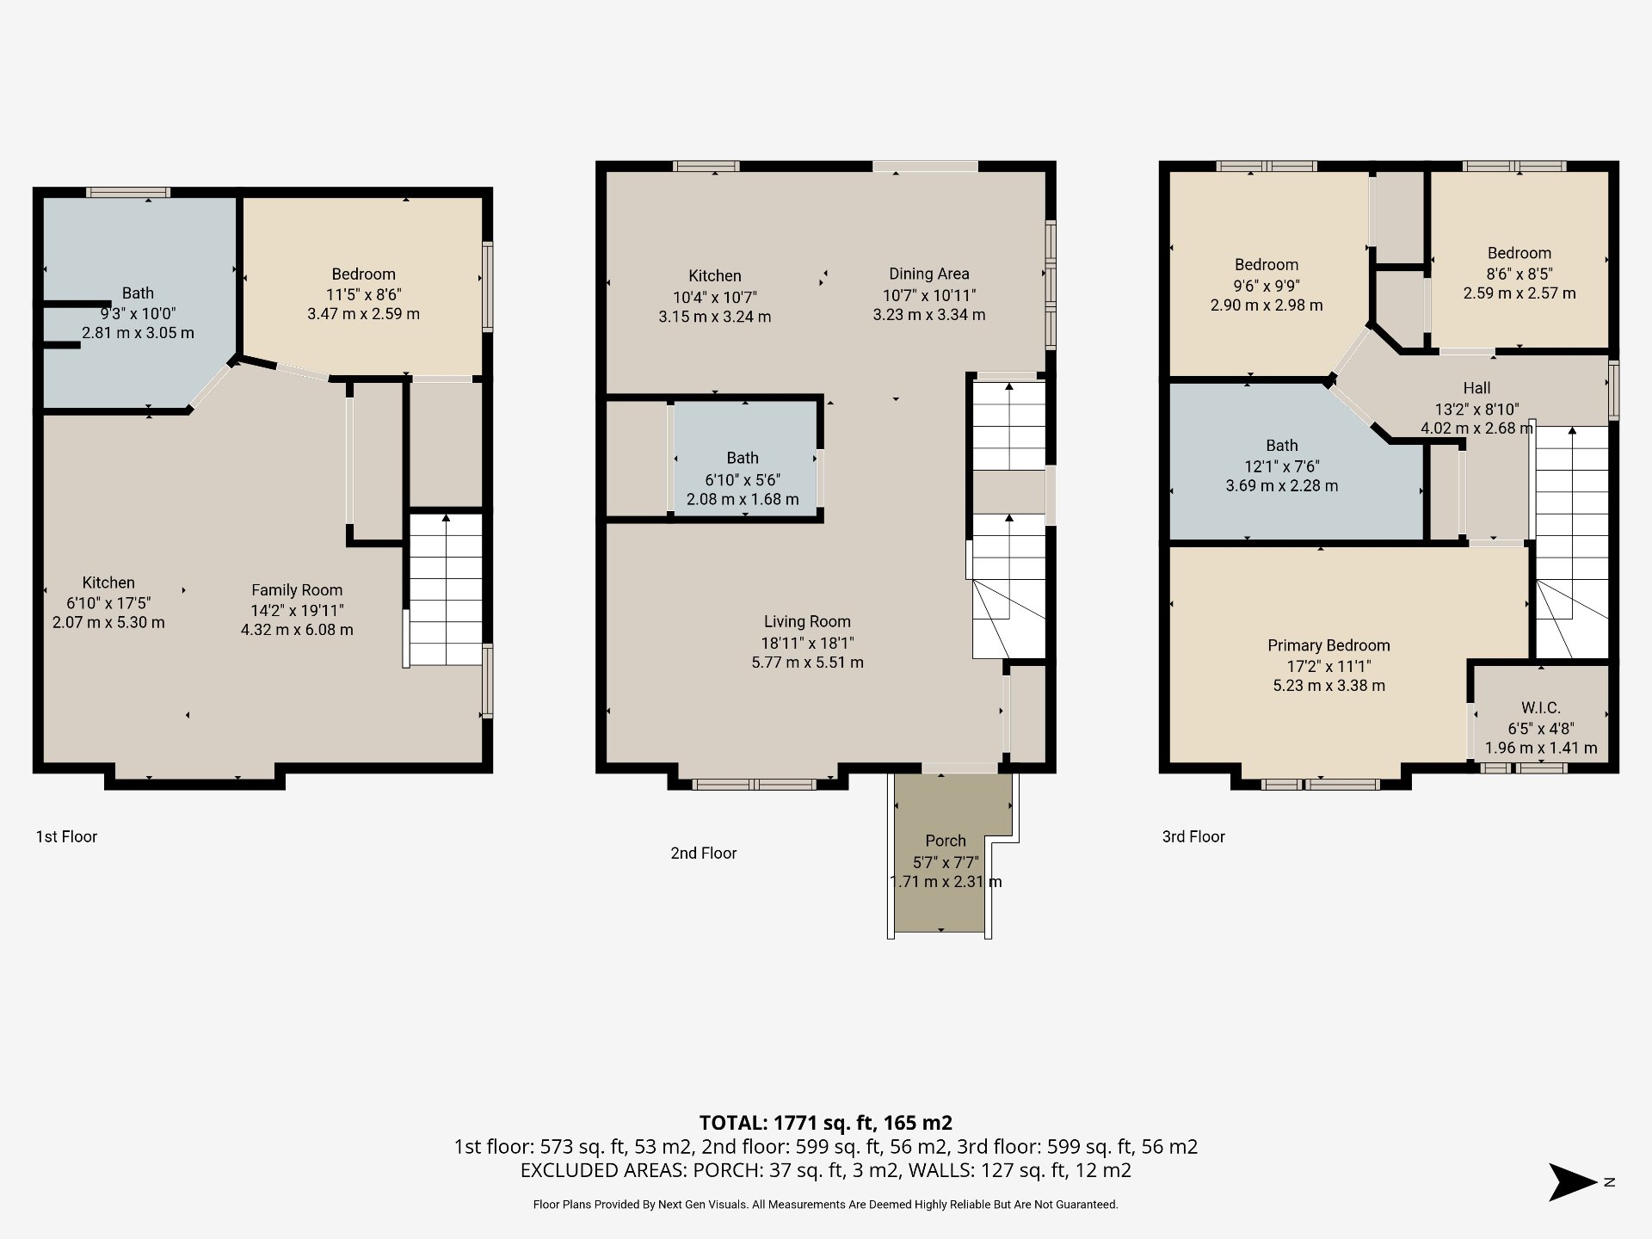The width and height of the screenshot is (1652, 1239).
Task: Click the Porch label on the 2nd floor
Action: (946, 841)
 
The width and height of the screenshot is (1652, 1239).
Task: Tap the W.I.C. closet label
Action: (1540, 707)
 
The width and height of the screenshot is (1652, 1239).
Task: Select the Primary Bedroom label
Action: (1328, 645)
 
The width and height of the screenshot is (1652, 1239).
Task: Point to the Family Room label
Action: (297, 590)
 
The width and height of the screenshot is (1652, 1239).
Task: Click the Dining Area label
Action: (929, 274)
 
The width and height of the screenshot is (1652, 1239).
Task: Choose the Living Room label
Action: (807, 621)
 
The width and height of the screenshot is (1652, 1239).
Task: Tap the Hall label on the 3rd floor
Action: (1476, 388)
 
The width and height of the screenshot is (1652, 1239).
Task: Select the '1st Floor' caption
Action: (66, 836)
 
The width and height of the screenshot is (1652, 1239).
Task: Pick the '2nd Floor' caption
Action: (704, 853)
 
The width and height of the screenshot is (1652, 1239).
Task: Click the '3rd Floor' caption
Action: (1193, 836)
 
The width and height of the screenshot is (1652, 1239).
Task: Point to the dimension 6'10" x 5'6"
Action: (743, 480)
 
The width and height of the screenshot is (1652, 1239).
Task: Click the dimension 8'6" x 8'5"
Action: (1519, 274)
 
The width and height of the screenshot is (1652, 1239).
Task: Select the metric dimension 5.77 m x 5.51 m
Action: (807, 663)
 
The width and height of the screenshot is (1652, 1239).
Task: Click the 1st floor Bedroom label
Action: (364, 274)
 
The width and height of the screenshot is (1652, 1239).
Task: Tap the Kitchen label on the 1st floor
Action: (108, 583)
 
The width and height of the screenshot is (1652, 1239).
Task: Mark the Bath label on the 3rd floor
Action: (1282, 446)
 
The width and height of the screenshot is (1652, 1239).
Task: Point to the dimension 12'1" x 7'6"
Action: (1282, 466)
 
